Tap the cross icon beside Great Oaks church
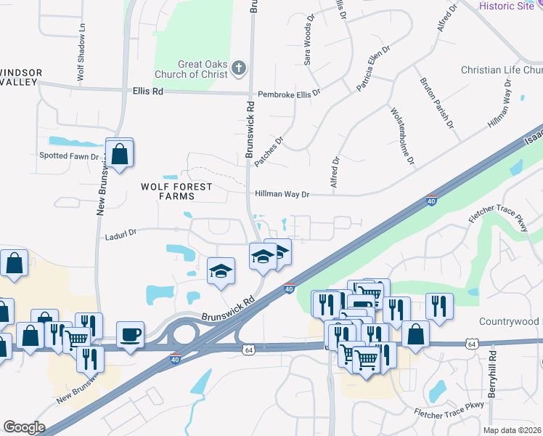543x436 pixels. [x=240, y=69]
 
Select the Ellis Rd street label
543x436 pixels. [x=148, y=92]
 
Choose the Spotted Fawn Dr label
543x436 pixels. [x=68, y=156]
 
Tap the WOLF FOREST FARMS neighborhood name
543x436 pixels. [x=176, y=191]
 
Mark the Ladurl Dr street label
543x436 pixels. [x=121, y=236]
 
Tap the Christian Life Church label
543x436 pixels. [x=502, y=70]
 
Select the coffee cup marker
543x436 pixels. [x=130, y=334]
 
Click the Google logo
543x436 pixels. [x=24, y=427]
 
